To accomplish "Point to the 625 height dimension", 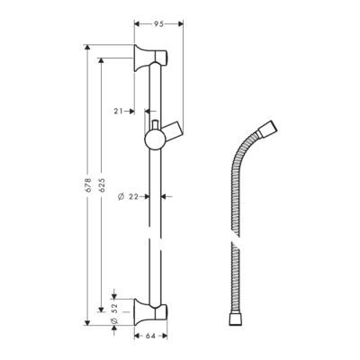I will [101, 184].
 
